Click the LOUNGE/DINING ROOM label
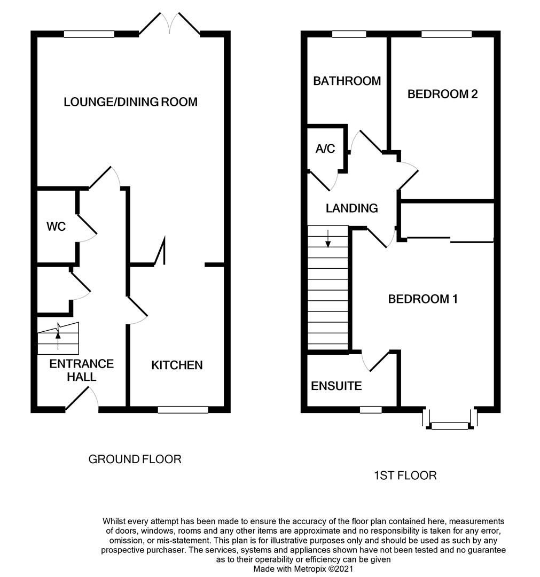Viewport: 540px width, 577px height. (130, 102)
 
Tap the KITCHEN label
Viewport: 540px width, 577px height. (177, 365)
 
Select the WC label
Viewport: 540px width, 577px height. (56, 227)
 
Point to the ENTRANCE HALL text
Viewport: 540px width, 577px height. (81, 370)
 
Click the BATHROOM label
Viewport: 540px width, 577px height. (347, 81)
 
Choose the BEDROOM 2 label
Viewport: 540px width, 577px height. (442, 94)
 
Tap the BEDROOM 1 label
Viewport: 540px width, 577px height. (422, 299)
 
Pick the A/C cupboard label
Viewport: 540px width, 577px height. (325, 149)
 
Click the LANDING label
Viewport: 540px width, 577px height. (351, 208)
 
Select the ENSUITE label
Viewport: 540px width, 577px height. (336, 386)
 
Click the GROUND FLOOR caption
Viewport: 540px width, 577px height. (135, 459)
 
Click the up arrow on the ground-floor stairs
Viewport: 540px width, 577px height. (58, 337)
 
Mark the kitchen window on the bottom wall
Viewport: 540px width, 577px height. (183, 410)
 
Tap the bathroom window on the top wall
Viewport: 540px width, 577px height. (349, 34)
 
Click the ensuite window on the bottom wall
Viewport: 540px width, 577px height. (371, 410)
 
